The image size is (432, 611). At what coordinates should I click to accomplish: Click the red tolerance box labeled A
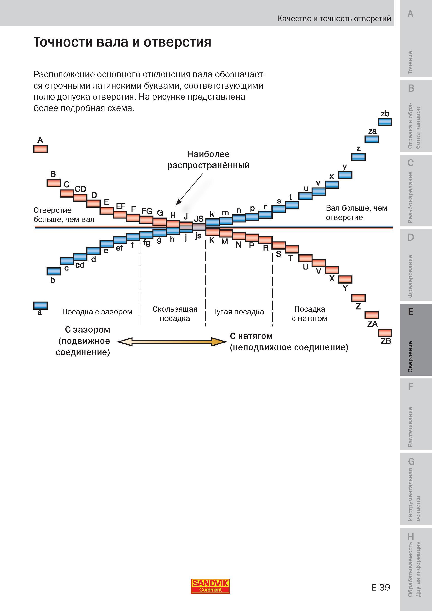click(x=40, y=149)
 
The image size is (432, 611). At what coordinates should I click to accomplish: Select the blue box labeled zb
click(x=385, y=122)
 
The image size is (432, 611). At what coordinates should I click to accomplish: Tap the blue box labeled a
click(x=40, y=305)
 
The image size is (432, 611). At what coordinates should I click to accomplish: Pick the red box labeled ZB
click(x=385, y=333)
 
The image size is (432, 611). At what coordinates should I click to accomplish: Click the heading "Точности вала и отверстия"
click(x=122, y=42)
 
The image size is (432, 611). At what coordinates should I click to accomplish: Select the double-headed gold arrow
click(x=172, y=342)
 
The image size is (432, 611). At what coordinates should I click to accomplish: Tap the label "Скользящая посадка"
click(x=175, y=314)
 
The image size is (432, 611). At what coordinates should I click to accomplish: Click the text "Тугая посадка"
click(x=239, y=312)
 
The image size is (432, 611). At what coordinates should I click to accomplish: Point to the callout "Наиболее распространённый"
click(x=209, y=160)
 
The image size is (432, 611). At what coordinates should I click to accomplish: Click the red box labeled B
click(x=54, y=183)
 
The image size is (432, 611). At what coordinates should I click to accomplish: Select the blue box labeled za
click(x=372, y=139)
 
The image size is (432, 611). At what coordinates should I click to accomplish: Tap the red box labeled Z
click(x=358, y=298)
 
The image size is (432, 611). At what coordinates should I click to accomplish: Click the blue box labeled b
click(x=54, y=271)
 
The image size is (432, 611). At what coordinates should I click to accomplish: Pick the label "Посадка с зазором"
click(x=97, y=312)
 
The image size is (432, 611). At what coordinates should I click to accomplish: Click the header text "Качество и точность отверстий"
click(x=334, y=19)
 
